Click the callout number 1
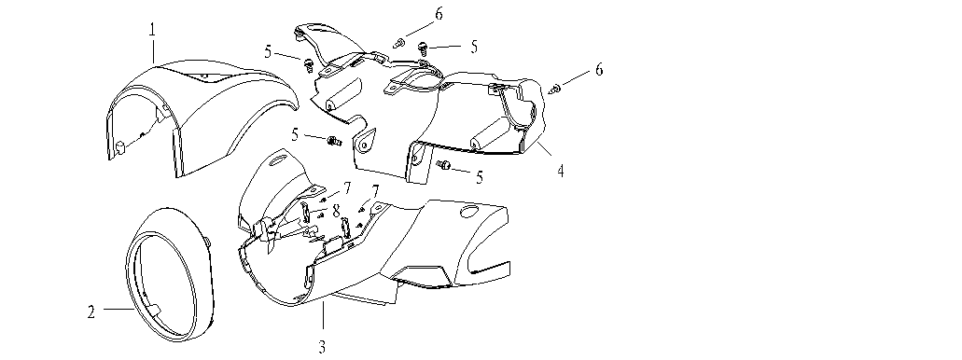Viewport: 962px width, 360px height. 152,29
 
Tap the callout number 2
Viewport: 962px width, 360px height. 91,312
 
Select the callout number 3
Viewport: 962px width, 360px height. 322,347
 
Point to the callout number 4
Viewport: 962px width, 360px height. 560,170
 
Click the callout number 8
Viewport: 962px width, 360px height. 336,211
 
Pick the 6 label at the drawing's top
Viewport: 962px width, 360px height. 439,13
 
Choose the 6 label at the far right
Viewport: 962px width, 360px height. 599,70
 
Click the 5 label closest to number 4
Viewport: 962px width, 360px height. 480,177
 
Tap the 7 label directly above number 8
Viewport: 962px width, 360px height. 347,187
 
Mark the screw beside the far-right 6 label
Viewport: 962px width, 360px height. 555,90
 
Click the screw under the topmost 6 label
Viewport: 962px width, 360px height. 399,43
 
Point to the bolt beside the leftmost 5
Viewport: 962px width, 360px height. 309,63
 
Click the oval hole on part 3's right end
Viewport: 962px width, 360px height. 469,212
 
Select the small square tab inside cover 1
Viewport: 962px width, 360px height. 120,146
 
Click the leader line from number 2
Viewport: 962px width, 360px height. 119,309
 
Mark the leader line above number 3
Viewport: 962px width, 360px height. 323,316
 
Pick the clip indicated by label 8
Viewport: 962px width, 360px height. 308,213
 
